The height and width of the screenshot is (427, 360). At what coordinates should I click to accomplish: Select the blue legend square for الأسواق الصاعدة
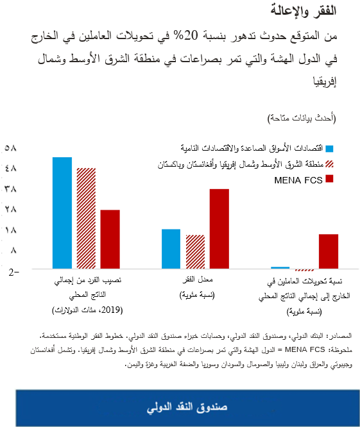point(330,148)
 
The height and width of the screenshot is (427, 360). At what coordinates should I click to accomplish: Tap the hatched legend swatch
point(330,165)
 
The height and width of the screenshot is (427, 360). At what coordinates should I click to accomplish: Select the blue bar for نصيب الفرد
point(62,212)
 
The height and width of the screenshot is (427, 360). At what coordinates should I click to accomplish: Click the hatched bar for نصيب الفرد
point(86,218)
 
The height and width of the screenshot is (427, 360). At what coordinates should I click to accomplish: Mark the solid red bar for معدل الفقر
point(219,228)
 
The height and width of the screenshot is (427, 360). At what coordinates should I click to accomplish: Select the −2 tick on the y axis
point(13,272)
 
